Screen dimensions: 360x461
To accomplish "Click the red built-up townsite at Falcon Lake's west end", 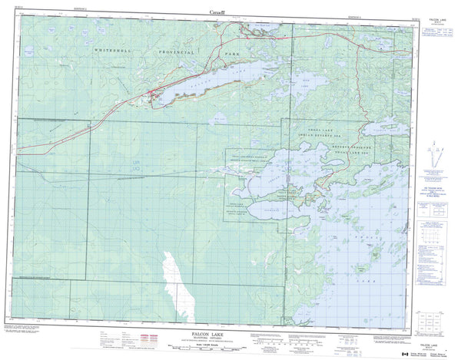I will tap(154, 95).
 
